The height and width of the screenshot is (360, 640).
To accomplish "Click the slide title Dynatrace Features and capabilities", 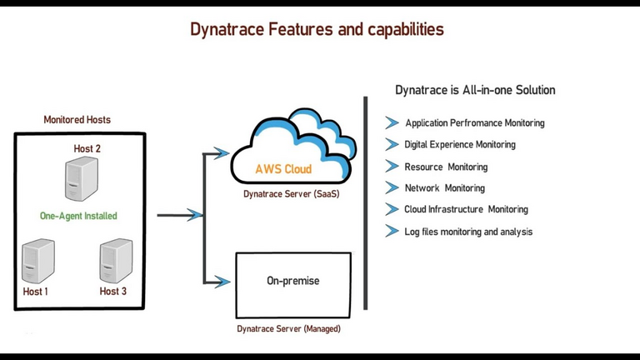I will (x=317, y=29).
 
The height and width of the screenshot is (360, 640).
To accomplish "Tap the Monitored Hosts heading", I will (x=77, y=120).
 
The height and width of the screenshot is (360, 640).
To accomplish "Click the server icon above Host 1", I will (x=38, y=262).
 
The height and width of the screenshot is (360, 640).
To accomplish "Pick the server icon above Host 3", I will (x=116, y=262).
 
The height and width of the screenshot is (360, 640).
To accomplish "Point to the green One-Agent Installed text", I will (x=78, y=216).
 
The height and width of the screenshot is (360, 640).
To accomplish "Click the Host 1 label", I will (x=36, y=292).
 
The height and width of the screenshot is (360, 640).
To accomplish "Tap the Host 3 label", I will (x=113, y=292).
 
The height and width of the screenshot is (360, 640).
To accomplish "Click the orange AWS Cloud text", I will (x=283, y=169).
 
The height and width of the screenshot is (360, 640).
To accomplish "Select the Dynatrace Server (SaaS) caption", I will (x=291, y=194).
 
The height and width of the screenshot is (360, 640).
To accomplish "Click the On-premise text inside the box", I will (x=292, y=281).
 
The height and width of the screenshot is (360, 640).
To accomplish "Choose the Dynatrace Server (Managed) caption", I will (x=288, y=329).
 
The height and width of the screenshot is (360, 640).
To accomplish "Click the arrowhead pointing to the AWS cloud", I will (x=220, y=152).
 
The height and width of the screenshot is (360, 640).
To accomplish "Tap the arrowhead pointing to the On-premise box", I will (x=220, y=281).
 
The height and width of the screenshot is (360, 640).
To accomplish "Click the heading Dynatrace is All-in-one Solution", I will (x=474, y=90).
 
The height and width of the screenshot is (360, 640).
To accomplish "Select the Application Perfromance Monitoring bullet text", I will (x=474, y=123).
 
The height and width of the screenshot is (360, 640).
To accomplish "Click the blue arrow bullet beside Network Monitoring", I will (x=392, y=187).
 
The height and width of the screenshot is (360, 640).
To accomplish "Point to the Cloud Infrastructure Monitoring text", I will (x=466, y=209).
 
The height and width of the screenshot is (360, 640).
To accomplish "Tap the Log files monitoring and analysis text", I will (x=467, y=232).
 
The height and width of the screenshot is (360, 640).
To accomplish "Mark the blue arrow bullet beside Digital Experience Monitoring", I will (x=392, y=144).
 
